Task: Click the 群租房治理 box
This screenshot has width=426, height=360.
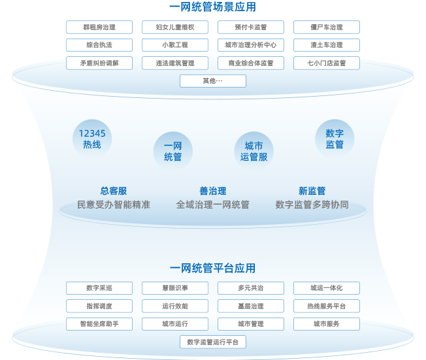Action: click(99, 27)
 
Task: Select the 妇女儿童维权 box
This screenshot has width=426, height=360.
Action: click(175, 27)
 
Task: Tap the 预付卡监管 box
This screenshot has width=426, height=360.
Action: click(251, 27)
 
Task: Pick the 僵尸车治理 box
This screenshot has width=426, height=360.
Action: click(327, 27)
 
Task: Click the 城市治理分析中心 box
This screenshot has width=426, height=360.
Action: click(251, 45)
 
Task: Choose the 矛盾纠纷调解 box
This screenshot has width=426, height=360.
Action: click(99, 63)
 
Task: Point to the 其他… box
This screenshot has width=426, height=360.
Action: click(213, 81)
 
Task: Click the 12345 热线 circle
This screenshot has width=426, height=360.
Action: click(92, 139)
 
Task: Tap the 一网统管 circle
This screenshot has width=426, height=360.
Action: click(173, 152)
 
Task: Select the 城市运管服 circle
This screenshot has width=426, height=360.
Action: click(254, 152)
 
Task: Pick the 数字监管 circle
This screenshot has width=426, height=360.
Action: click(335, 139)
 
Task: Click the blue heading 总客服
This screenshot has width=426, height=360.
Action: click(114, 191)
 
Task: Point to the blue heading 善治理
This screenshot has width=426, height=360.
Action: click(213, 191)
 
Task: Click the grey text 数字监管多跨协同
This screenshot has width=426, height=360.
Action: click(312, 205)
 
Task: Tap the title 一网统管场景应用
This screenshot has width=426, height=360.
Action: click(213, 7)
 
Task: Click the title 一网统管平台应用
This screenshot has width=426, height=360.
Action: click(213, 268)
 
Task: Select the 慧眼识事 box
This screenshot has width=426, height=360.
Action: click(175, 288)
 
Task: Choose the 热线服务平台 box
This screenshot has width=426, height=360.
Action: click(327, 306)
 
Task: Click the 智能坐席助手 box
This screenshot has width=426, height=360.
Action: click(99, 324)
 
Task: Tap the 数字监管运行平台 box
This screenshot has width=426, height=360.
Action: click(213, 342)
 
